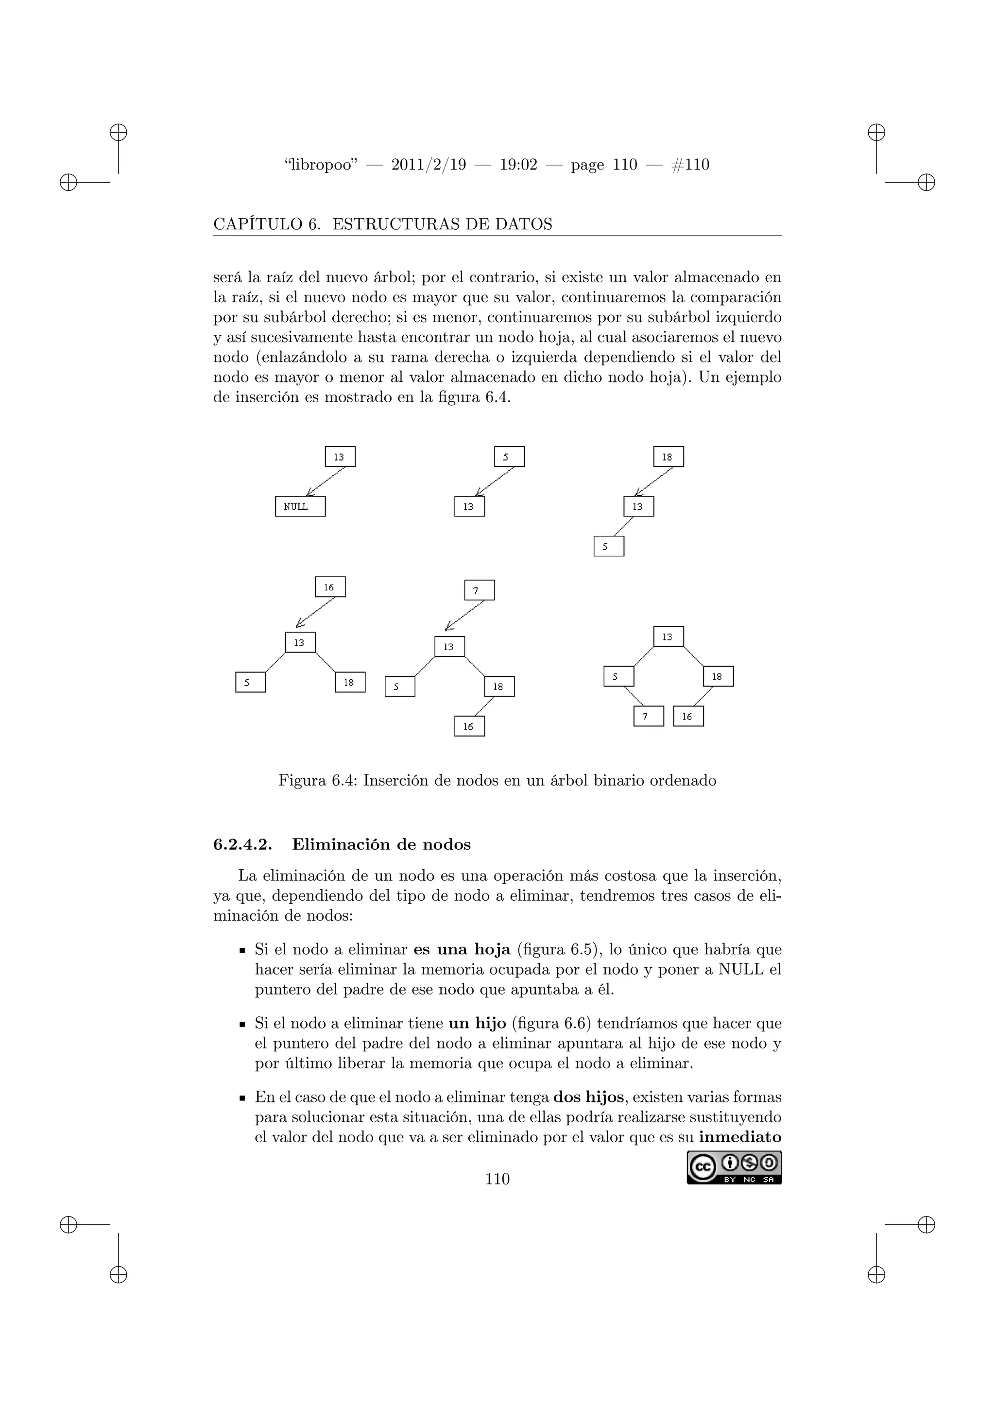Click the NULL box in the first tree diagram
[x=300, y=507]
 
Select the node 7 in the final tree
[x=649, y=716]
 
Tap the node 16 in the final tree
[x=688, y=716]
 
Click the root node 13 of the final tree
[x=669, y=637]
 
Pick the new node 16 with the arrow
[x=330, y=587]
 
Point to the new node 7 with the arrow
[x=480, y=590]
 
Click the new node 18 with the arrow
[x=669, y=457]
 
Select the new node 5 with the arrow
[x=509, y=457]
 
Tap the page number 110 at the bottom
[x=497, y=1179]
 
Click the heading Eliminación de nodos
[x=381, y=844]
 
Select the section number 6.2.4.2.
[x=242, y=844]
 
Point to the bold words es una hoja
[x=462, y=950]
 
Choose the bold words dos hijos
[x=588, y=1097]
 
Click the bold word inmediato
[x=740, y=1137]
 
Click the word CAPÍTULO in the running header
[x=257, y=224]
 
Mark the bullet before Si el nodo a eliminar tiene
[x=242, y=1025]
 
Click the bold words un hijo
[x=477, y=1023]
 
